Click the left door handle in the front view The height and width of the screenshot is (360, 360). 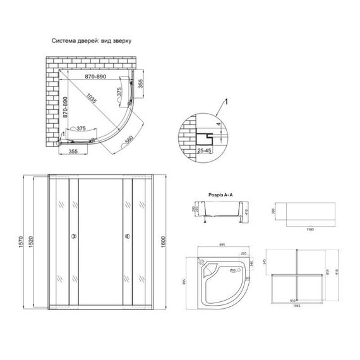tap(75, 237)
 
